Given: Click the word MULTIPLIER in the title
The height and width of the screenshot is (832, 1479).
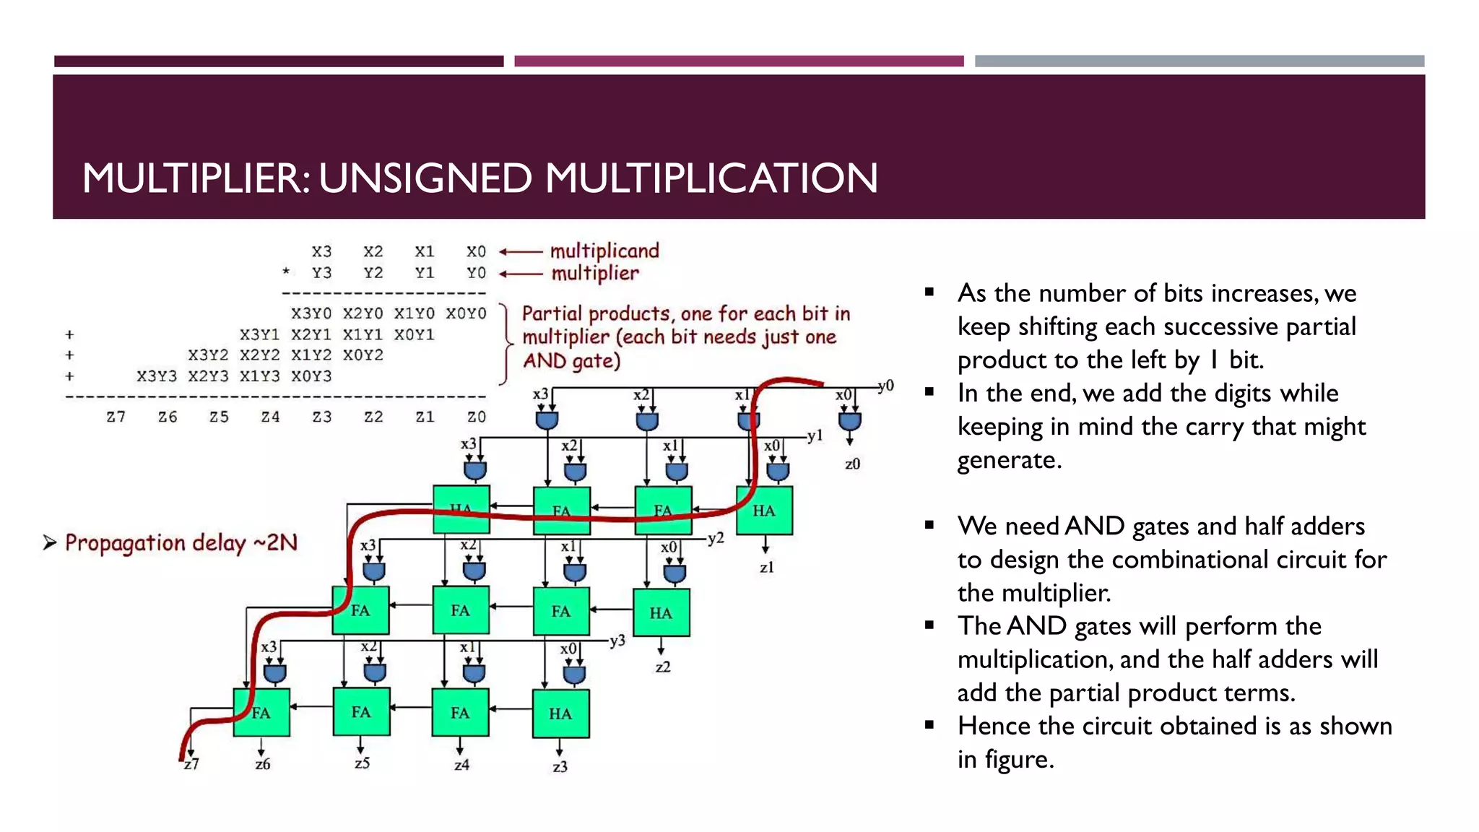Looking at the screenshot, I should pos(196,178).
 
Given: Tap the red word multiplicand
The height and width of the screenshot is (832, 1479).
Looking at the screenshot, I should pos(604,251).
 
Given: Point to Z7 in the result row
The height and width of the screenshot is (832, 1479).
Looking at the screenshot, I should pos(116,417).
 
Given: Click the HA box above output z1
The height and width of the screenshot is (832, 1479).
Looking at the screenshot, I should pos(764,511).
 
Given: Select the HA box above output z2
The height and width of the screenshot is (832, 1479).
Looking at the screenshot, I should pos(661,612).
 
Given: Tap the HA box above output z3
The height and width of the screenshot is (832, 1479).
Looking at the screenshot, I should pos(560,714).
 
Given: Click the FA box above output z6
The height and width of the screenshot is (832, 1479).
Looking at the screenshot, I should pos(261,713).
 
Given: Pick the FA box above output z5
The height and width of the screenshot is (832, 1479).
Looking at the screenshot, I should pos(361,712).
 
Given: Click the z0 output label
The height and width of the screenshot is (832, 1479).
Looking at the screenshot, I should pos(852,464).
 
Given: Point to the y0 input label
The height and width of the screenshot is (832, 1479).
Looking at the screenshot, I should pos(886,386).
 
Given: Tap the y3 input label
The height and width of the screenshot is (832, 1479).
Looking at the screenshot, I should pos(617,641).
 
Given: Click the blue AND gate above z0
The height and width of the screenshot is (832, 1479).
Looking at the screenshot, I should pos(850,420).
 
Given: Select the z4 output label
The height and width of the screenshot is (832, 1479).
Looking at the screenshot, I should pos(461,764).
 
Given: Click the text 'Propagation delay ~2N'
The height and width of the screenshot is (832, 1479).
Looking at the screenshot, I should pos(181,542).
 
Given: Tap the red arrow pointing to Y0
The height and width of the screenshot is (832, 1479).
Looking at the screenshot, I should pos(521,274).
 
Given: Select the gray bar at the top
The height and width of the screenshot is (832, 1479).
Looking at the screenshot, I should pos(1199,61).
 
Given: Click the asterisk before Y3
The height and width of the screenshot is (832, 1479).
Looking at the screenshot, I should pos(286,272).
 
